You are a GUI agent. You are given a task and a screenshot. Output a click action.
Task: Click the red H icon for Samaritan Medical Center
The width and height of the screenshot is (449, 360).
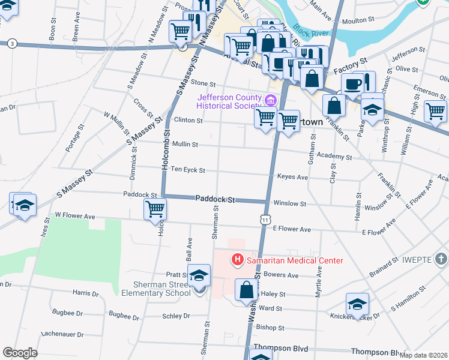(x=238, y=260)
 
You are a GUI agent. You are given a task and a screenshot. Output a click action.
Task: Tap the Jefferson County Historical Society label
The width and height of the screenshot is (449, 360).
(x=230, y=102)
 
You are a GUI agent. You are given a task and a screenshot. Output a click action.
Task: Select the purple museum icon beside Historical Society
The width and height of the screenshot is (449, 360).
(x=271, y=100)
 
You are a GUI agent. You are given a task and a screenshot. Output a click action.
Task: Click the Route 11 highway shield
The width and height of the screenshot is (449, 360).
(x=265, y=221)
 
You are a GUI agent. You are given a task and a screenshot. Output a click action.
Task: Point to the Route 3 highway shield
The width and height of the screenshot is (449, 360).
(x=13, y=43)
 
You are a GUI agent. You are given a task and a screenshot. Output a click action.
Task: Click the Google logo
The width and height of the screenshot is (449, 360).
(x=20, y=353)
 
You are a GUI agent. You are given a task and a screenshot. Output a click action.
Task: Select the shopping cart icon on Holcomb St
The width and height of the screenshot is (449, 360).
(x=155, y=209)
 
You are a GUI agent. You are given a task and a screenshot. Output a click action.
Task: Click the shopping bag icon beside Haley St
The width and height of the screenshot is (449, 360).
(x=246, y=289)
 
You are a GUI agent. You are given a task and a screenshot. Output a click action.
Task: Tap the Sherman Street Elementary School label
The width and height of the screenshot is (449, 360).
(x=156, y=289)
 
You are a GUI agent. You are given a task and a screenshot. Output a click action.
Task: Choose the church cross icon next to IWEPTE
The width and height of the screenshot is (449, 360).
(x=441, y=259)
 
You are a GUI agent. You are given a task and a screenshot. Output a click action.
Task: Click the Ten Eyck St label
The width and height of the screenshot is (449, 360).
(x=187, y=170)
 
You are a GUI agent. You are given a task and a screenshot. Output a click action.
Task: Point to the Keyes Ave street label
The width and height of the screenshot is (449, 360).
(x=292, y=178)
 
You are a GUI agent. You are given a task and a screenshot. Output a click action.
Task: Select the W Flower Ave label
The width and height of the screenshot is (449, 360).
(x=75, y=214)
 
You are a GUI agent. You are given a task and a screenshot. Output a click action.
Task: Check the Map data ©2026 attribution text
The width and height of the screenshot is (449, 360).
(x=423, y=355)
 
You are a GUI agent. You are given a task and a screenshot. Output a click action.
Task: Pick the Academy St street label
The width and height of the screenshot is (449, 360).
(x=335, y=157)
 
